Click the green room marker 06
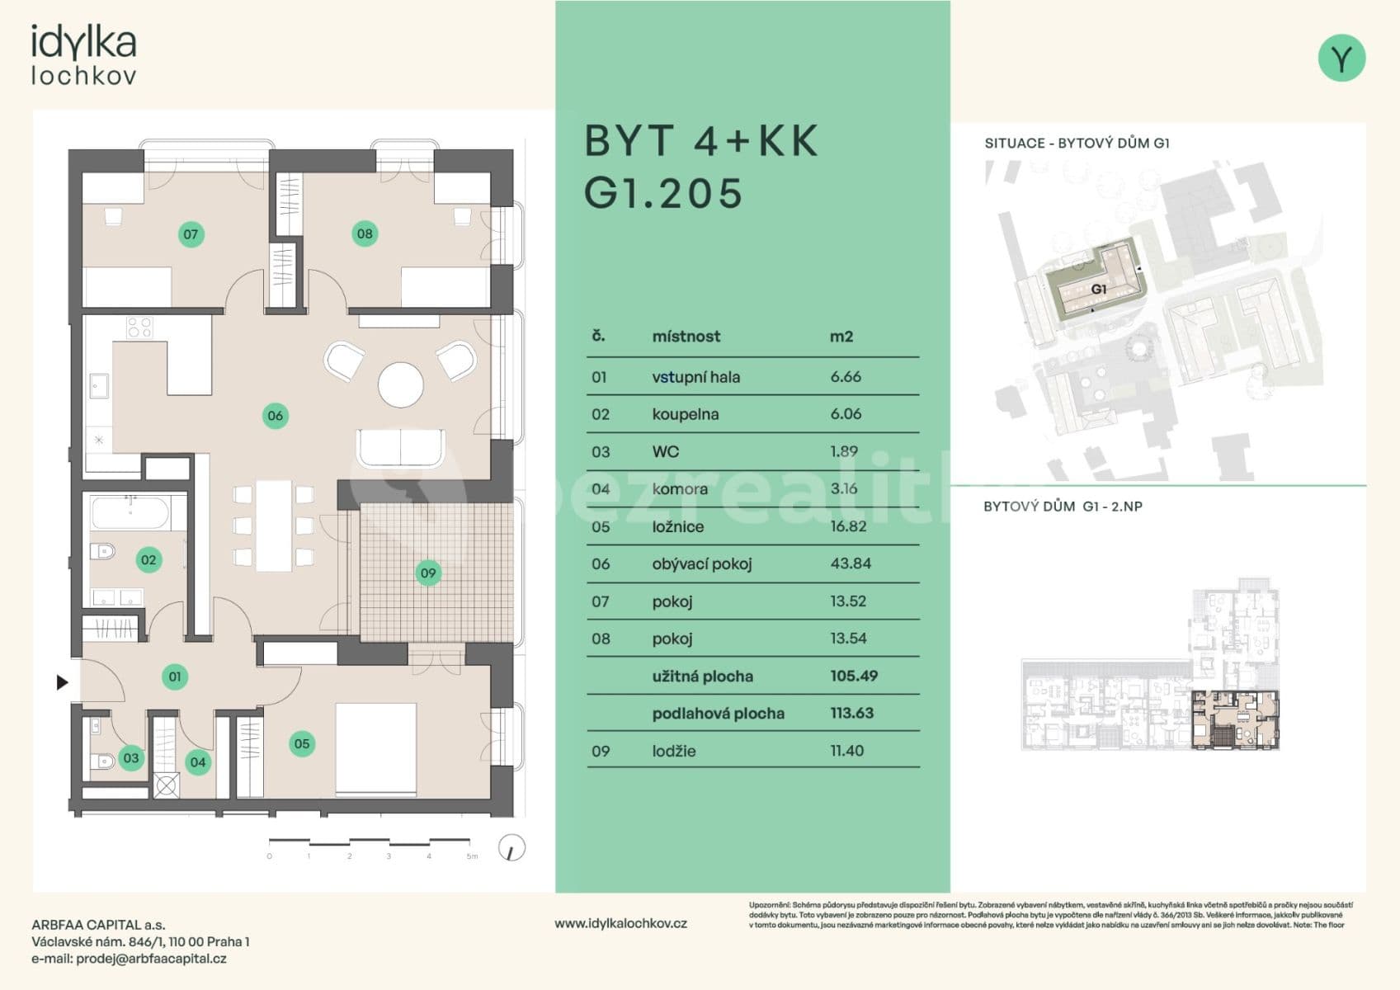click(275, 416)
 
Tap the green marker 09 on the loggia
click(427, 573)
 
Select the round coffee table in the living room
click(401, 384)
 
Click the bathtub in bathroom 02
click(130, 513)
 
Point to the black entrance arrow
click(62, 682)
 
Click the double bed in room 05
click(375, 749)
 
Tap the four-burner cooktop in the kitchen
click(139, 328)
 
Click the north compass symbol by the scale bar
click(512, 848)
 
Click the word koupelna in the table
click(685, 414)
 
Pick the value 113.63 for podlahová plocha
click(851, 713)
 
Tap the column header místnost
click(686, 337)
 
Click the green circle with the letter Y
click(1341, 59)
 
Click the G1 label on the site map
click(1098, 290)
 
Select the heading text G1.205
click(663, 194)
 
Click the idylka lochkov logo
click(83, 55)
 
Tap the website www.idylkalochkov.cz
click(620, 923)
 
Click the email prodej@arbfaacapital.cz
click(151, 959)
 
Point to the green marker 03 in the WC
click(131, 757)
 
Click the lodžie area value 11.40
click(846, 751)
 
